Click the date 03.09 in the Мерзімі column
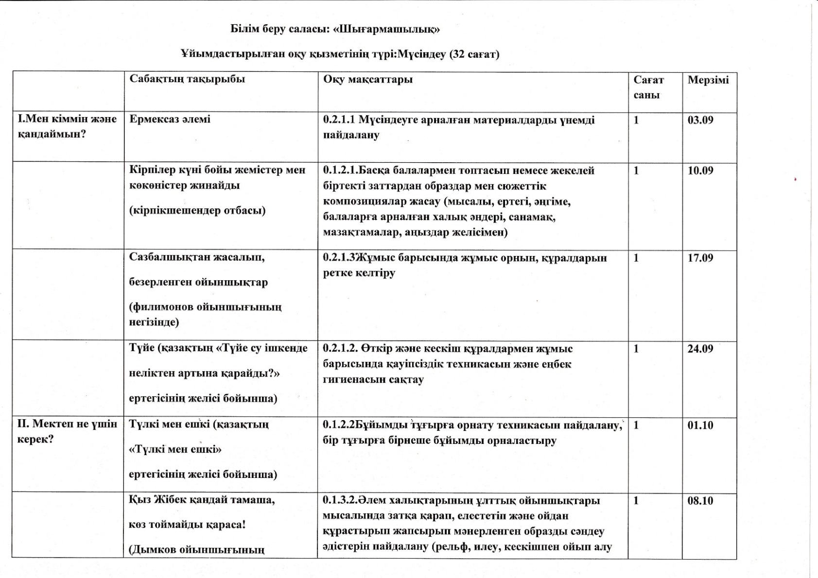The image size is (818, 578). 700,120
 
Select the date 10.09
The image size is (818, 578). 700,170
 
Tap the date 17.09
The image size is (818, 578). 700,258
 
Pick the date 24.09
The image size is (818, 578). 700,349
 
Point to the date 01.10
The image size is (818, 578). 700,425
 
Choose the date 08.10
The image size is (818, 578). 700,501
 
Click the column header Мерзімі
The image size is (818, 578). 708,80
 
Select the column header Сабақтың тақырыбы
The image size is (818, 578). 187,79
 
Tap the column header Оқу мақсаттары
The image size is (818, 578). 368,80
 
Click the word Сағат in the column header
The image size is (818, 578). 648,80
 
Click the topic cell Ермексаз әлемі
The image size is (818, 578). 170,119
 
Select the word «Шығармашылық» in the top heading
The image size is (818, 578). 387,29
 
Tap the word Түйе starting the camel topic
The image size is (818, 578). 142,349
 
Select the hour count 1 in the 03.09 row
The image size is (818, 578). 636,120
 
